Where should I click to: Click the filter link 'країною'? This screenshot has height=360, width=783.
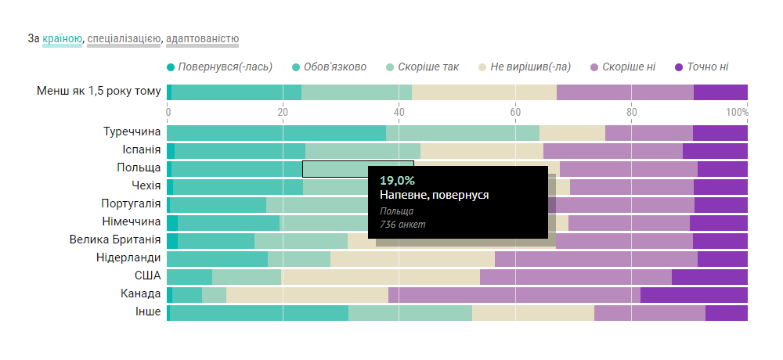(x=63, y=38)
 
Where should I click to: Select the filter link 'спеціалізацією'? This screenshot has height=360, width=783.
(x=124, y=38)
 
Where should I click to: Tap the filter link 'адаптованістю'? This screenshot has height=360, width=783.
(x=202, y=38)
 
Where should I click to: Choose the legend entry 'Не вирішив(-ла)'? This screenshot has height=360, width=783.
(x=530, y=67)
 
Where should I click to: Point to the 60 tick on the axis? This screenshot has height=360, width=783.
(x=515, y=112)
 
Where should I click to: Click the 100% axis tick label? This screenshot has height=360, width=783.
(x=737, y=112)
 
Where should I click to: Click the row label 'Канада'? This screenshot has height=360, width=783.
(x=141, y=294)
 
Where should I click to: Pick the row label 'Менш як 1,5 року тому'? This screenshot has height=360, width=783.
(x=99, y=92)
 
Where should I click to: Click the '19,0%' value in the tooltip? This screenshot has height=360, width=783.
(x=397, y=181)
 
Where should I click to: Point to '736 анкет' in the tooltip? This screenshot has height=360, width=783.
(x=402, y=225)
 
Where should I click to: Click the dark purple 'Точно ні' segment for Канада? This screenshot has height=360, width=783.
(x=694, y=294)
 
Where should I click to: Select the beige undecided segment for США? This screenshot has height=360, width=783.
(x=381, y=276)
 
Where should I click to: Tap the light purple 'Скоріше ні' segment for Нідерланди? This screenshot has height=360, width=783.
(x=596, y=258)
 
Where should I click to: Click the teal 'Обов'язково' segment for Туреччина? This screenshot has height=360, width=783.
(x=276, y=132)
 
